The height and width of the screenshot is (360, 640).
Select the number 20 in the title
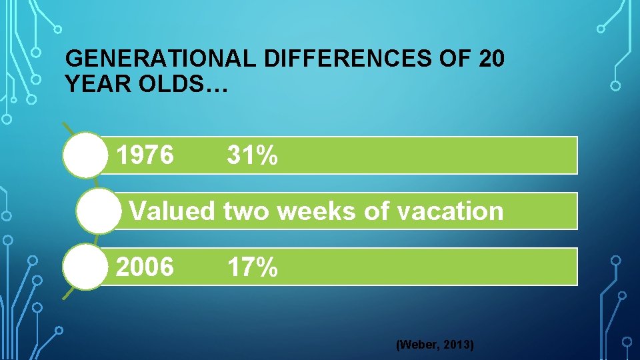(x=491, y=60)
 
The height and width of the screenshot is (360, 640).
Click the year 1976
(x=145, y=156)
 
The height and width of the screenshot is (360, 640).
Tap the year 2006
(x=145, y=267)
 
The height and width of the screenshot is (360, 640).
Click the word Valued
(x=172, y=211)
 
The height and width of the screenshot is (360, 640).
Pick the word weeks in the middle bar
(x=313, y=211)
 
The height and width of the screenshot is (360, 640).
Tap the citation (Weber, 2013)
(x=435, y=345)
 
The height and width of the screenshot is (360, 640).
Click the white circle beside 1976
(x=85, y=156)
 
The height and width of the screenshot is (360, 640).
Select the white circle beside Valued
(x=97, y=211)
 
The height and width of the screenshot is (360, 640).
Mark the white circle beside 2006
(x=85, y=267)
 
